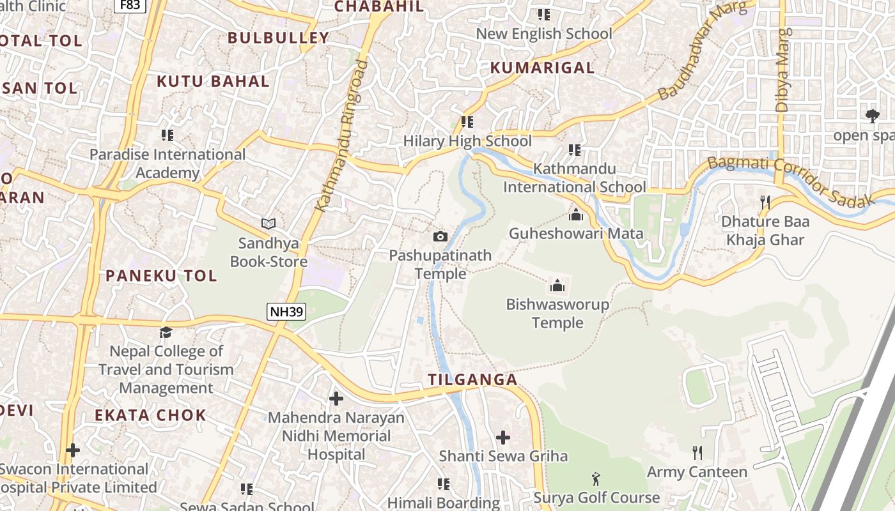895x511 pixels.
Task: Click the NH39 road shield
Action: (x=286, y=312)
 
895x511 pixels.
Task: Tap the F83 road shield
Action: (x=130, y=6)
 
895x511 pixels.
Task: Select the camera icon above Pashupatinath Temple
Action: (x=440, y=237)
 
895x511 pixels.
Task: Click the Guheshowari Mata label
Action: (x=575, y=233)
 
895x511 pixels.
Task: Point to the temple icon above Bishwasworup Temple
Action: (x=557, y=285)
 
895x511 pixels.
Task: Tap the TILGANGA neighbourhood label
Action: (x=472, y=379)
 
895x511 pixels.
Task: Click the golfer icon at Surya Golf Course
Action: (x=596, y=478)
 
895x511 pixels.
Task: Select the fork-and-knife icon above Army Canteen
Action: (x=697, y=453)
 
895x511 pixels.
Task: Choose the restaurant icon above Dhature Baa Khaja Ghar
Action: (x=765, y=202)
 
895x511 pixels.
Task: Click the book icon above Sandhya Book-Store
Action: (x=268, y=224)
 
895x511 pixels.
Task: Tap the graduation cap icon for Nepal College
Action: (x=166, y=332)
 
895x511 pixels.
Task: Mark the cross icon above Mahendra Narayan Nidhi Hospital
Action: (x=336, y=399)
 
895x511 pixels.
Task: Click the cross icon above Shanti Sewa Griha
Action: (x=503, y=438)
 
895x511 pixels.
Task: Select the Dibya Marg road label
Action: (x=783, y=70)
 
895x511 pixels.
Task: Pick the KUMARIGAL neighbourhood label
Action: (x=542, y=68)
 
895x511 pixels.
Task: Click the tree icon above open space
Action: (x=872, y=116)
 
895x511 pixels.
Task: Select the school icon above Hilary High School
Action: (x=467, y=121)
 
